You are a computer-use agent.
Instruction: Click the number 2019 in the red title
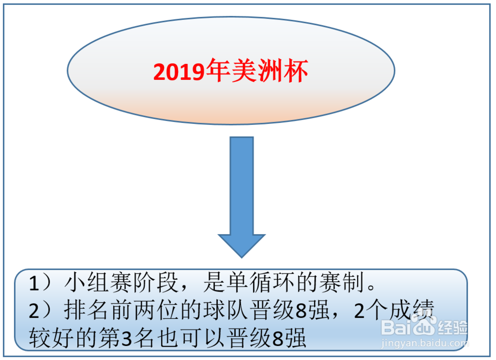(180, 72)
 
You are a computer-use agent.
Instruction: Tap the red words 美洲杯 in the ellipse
(270, 71)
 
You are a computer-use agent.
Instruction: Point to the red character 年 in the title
(218, 71)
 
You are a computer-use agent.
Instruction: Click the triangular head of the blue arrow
(242, 246)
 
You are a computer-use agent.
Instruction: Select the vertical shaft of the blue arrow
(242, 185)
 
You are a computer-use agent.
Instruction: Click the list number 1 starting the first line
(34, 283)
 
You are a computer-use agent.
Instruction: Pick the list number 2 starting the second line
(34, 310)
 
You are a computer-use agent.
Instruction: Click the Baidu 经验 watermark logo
(424, 326)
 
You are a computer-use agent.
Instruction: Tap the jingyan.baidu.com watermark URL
(425, 343)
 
